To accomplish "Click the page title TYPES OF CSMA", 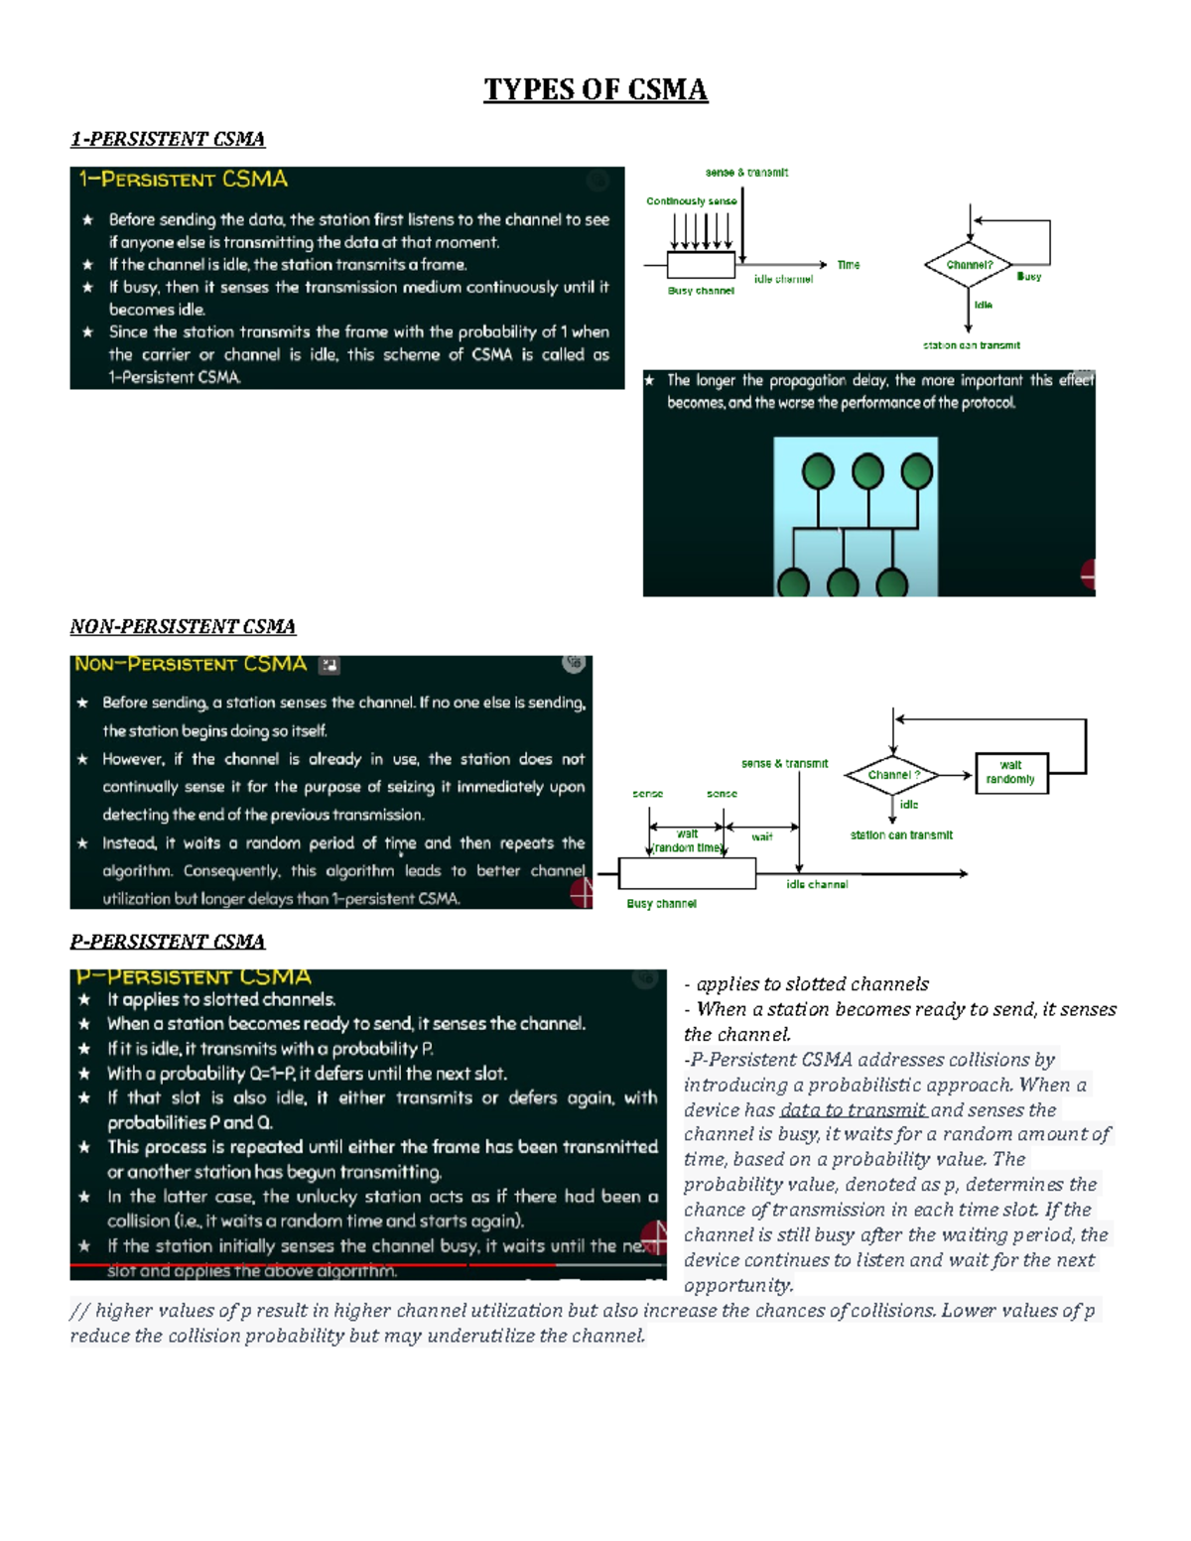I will [x=595, y=89].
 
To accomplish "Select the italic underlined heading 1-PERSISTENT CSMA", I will [x=167, y=139].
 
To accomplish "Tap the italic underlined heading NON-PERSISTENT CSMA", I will [x=183, y=626].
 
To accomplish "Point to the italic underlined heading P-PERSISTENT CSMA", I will [x=167, y=941].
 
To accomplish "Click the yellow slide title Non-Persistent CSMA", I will [x=191, y=664].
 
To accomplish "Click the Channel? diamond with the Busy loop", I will [x=968, y=265].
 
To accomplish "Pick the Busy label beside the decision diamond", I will [x=1028, y=277].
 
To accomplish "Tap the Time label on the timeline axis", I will [x=848, y=265].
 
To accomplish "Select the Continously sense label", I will [x=691, y=201].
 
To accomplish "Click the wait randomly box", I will [x=1010, y=773].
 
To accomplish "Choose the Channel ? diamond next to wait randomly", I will [x=892, y=775].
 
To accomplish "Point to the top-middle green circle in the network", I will [x=867, y=470].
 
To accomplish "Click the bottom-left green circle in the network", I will [x=793, y=582].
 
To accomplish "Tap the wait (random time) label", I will [x=687, y=841].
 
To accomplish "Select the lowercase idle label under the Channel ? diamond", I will [x=909, y=805].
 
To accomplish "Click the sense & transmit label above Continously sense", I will [x=746, y=173].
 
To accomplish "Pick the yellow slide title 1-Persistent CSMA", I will [x=184, y=180].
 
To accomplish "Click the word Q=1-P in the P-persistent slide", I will [x=271, y=1074].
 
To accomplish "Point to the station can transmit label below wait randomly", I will [x=901, y=835].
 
